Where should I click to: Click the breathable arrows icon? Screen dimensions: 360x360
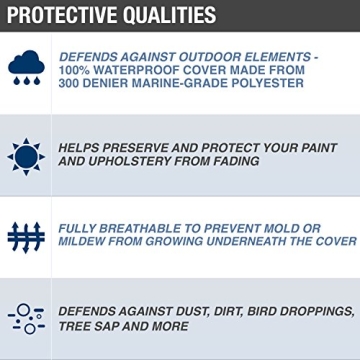click(x=22, y=234)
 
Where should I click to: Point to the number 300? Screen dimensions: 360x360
click(x=75, y=85)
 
